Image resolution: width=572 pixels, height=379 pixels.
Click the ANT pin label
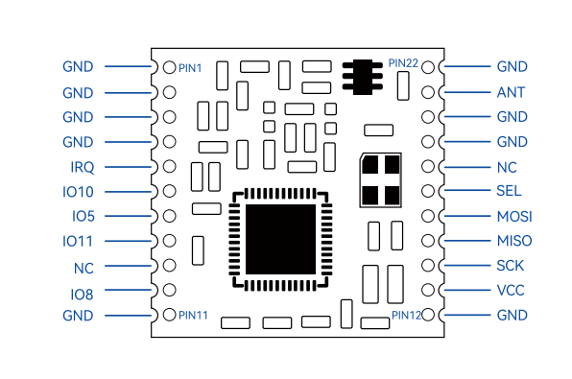[x=511, y=92]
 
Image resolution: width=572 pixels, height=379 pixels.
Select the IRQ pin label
[x=83, y=167]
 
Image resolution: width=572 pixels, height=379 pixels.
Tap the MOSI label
[x=514, y=217]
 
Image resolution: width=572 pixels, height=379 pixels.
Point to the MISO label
[x=514, y=241]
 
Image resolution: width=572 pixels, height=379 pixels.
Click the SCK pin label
[x=511, y=266]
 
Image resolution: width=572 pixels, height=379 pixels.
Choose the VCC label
[x=511, y=291]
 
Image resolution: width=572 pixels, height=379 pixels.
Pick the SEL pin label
[x=509, y=191]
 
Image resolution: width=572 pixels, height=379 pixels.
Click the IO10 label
[x=78, y=192]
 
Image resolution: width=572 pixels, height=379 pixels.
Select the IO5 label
[x=83, y=216]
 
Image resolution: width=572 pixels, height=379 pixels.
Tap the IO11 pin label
[x=78, y=241]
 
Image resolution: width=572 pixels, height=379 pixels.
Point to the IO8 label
[x=82, y=295]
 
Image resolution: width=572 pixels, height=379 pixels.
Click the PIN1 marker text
[x=190, y=68]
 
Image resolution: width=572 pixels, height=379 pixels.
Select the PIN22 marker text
[x=403, y=63]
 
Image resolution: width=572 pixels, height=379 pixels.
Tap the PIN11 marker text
[x=193, y=315]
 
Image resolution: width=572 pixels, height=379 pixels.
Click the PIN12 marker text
[x=406, y=315]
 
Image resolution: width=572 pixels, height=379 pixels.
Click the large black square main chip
[x=280, y=239]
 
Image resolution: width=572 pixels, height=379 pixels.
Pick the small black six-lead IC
[x=362, y=77]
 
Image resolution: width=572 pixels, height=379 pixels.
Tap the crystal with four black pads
[x=381, y=180]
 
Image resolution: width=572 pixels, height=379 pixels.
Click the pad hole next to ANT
[x=428, y=92]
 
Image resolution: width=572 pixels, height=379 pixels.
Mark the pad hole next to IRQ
[x=169, y=167]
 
